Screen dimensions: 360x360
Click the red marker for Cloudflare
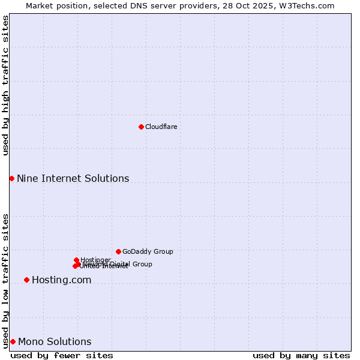point(141,127)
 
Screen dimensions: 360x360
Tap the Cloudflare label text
point(161,127)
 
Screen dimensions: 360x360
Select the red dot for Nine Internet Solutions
point(11,178)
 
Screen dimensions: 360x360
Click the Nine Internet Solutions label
point(73,178)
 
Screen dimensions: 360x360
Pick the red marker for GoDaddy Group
point(118,251)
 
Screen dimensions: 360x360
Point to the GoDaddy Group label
point(148,251)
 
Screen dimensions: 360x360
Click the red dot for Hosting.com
point(26,280)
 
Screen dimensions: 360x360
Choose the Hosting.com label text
point(61,280)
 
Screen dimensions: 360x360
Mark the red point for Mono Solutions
point(13,341)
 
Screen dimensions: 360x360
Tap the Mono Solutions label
point(55,342)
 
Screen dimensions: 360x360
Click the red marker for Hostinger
point(76,260)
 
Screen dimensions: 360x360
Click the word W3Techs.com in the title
point(309,5)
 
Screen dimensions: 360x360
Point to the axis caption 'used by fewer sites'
point(62,355)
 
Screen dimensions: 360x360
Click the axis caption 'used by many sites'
point(301,355)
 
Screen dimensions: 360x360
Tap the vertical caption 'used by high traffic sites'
point(5,85)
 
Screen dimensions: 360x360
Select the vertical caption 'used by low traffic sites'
point(5,280)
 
